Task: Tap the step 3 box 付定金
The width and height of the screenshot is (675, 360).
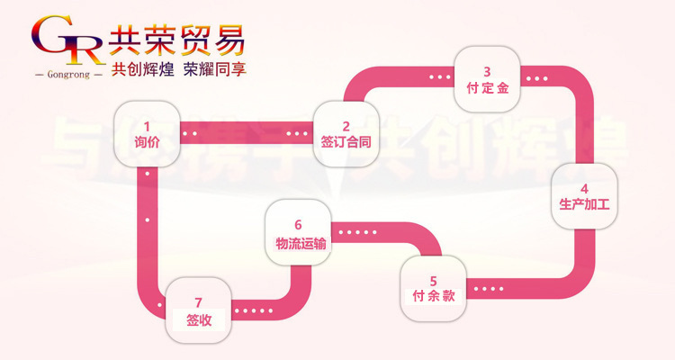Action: pyautogui.click(x=487, y=79)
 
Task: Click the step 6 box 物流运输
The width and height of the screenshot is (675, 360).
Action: pyautogui.click(x=297, y=232)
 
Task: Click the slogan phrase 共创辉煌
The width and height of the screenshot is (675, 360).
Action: pyautogui.click(x=141, y=71)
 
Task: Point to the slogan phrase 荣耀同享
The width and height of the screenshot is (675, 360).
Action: pyautogui.click(x=213, y=71)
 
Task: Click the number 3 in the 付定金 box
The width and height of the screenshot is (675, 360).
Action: pyautogui.click(x=487, y=71)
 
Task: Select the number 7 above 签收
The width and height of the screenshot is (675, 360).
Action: pyautogui.click(x=198, y=301)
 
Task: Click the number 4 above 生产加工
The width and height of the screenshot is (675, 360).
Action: pyautogui.click(x=584, y=188)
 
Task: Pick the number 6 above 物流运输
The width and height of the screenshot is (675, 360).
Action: pyautogui.click(x=297, y=223)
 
